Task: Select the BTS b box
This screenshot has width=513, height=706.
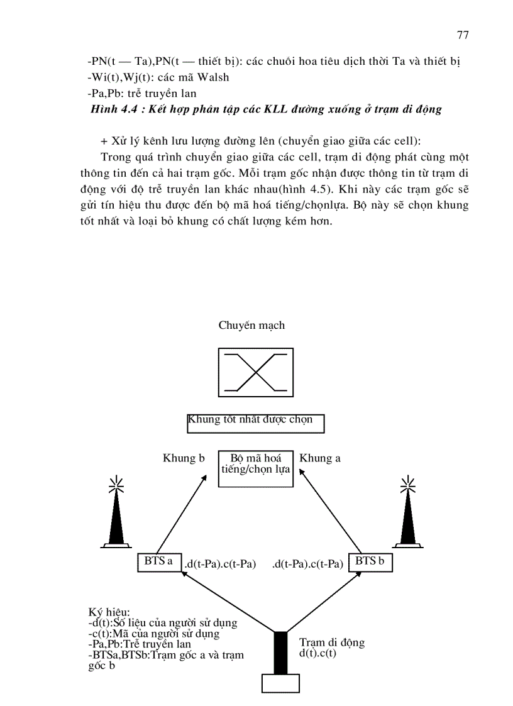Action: (370, 562)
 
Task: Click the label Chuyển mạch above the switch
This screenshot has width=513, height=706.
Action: (251, 325)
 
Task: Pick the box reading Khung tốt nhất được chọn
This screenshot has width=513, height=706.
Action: (255, 423)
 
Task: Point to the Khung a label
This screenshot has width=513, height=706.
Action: (320, 458)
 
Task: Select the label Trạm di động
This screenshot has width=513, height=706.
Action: (332, 643)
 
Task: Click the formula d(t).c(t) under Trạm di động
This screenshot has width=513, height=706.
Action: (318, 653)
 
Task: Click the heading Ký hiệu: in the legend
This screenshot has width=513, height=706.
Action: (109, 612)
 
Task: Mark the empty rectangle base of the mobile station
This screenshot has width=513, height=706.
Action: (280, 684)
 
